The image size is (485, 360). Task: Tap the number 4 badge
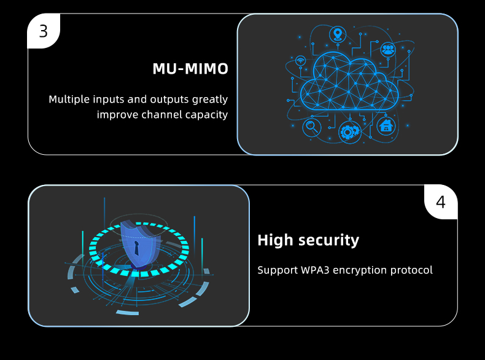pos(441,202)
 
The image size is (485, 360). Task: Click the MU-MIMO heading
pos(190,69)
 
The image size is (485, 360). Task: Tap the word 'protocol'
pos(414,270)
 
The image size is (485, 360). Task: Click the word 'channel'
pos(161,114)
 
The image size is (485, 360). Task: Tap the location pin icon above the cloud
pos(336,33)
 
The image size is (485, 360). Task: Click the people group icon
pos(387,49)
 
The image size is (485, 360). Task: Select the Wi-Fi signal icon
pos(300,61)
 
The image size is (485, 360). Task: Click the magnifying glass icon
pos(312,127)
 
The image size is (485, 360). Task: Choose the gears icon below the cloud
pos(350,131)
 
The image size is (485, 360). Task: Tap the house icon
pos(386,126)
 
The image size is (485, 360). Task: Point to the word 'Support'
pos(276,270)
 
